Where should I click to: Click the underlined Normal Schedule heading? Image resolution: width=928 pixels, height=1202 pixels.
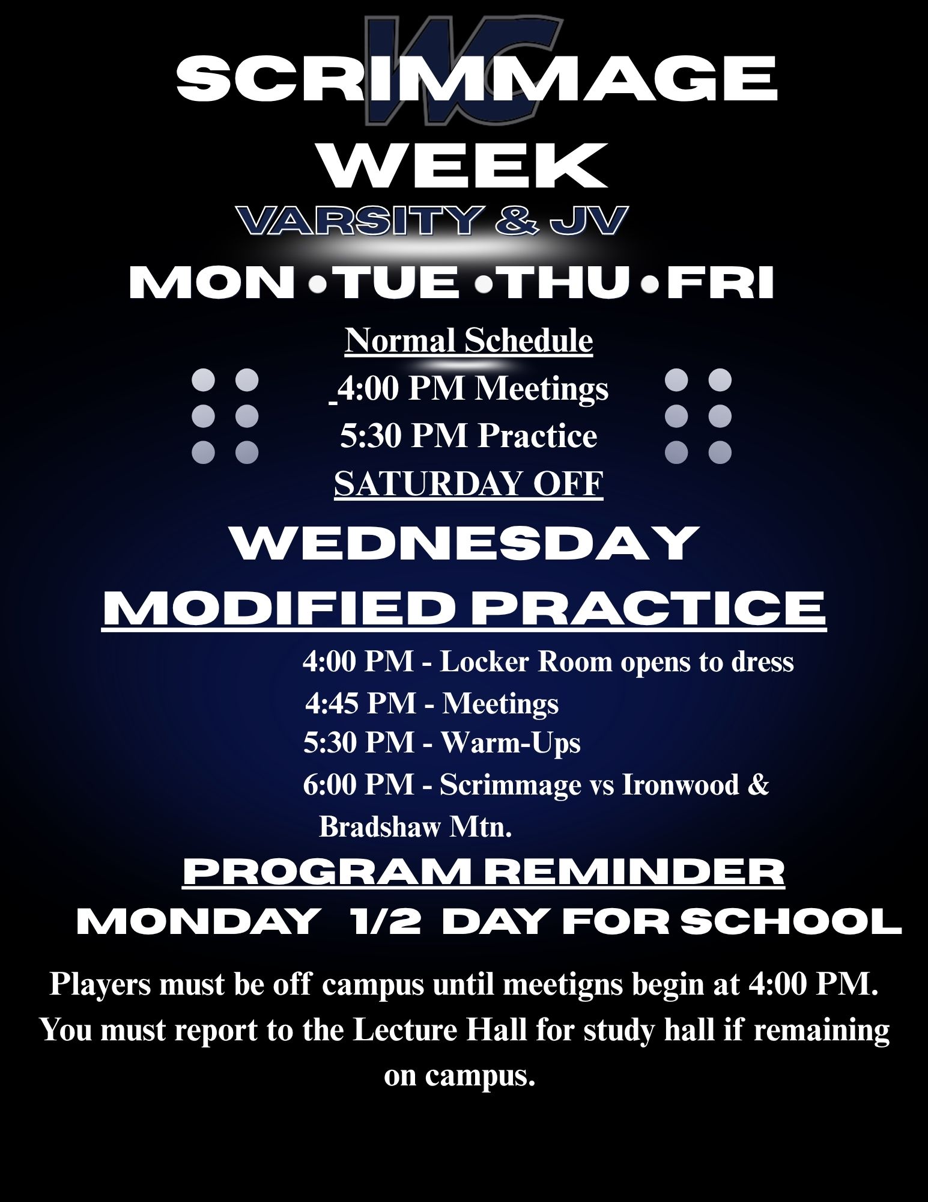pos(469,341)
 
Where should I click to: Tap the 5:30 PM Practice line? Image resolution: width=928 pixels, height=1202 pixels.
pos(469,436)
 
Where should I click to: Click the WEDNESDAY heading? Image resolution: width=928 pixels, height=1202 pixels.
pos(466,543)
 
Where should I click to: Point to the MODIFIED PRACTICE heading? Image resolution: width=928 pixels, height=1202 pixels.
pos(465,608)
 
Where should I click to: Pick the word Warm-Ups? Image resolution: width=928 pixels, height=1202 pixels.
pos(511,743)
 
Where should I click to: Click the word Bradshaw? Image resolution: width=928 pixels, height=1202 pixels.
pos(381,826)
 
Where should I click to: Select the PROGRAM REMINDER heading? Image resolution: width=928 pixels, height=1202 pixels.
pos(484,873)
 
